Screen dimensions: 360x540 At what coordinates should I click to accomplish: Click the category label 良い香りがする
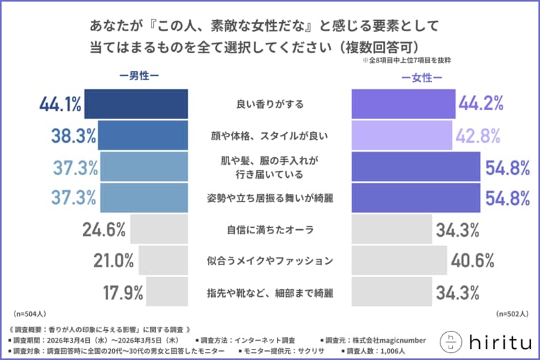pyautogui.click(x=270, y=105)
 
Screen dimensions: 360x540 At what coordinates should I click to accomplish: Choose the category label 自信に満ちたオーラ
pyautogui.click(x=270, y=229)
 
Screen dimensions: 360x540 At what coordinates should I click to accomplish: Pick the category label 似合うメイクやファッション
pyautogui.click(x=270, y=261)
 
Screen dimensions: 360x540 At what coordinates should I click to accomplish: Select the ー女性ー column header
pyautogui.click(x=422, y=78)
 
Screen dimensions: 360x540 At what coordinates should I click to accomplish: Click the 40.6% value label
pyautogui.click(x=471, y=261)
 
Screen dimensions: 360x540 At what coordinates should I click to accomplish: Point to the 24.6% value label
pyautogui.click(x=104, y=229)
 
